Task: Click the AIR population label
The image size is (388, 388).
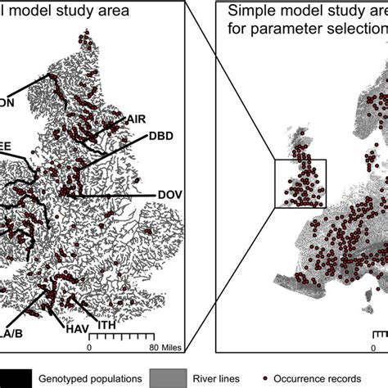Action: [x=136, y=120]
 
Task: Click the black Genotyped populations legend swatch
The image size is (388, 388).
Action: [x=16, y=377]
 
